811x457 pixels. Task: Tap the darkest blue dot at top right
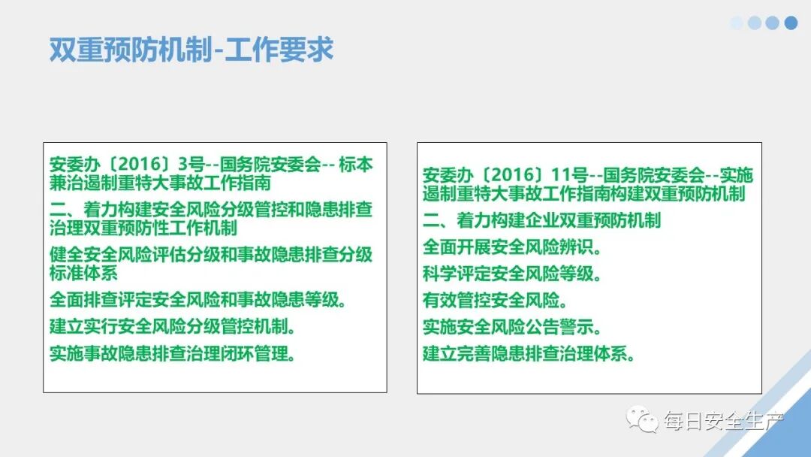pos(791,23)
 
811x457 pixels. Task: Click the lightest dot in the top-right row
pos(737,23)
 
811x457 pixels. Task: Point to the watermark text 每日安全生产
pos(722,421)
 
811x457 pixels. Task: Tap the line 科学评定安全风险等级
pos(511,274)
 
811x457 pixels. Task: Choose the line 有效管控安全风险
pos(495,301)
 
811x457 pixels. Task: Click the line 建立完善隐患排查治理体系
pos(529,354)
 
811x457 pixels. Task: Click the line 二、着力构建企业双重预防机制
pos(541,220)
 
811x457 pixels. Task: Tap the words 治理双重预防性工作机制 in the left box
pos(143,227)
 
